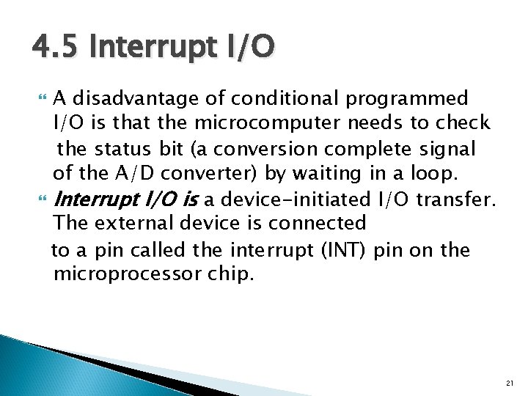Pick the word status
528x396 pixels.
pos(122,149)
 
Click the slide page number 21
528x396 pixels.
pos(510,384)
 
